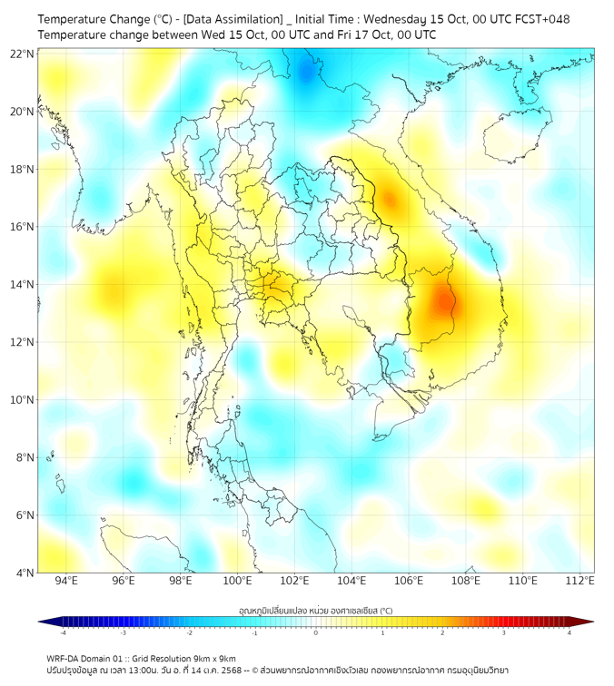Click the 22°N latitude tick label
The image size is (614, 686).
tap(23, 54)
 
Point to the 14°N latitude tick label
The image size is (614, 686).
tap(23, 285)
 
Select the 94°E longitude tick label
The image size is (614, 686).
tap(66, 581)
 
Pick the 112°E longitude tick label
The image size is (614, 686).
tap(579, 581)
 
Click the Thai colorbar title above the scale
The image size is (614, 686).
tap(315, 611)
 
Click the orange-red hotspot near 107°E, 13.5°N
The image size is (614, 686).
tap(442, 300)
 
